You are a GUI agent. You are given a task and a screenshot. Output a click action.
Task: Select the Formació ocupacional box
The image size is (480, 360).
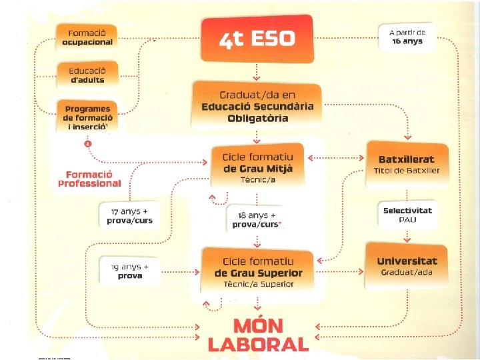point(87,37)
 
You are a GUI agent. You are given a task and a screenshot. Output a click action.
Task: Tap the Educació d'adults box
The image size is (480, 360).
point(87,75)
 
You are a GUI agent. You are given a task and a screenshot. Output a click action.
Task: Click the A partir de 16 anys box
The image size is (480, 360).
point(411,37)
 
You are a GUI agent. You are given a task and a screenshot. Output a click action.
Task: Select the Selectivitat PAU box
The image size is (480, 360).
point(407,215)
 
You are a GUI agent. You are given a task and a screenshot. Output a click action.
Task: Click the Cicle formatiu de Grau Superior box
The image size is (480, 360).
point(257,269)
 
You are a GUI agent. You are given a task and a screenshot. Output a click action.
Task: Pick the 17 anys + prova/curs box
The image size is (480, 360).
point(130,216)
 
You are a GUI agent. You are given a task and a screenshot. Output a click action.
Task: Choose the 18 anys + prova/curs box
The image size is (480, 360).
point(257,219)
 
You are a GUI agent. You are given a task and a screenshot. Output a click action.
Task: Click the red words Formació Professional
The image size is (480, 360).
point(89,178)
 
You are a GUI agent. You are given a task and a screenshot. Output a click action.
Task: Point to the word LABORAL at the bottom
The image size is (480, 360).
point(258,344)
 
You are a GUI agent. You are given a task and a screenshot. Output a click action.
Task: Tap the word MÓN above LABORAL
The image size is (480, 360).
point(258,327)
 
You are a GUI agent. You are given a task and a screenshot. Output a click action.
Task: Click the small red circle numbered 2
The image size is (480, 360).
point(87,143)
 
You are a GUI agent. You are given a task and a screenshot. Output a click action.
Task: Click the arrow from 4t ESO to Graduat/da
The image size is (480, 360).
point(257,71)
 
